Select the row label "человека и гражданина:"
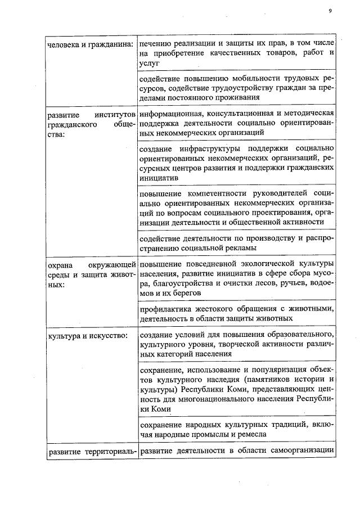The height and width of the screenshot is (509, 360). (89, 44)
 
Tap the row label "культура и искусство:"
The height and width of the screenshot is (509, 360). (85, 335)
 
